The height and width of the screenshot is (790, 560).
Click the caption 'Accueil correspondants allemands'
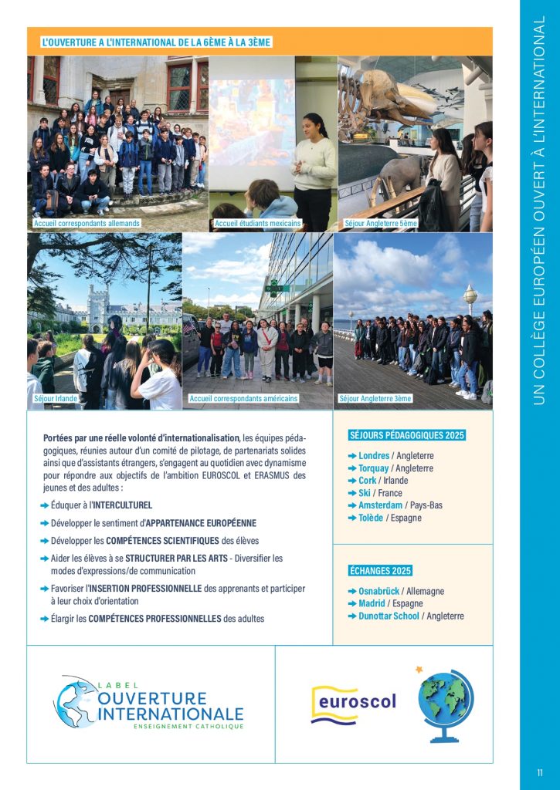87,224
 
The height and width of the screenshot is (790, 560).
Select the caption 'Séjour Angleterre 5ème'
381,224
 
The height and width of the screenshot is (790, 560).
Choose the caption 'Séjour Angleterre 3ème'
375,399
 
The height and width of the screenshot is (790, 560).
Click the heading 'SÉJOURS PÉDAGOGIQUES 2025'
407,436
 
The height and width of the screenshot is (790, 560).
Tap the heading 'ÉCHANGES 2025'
380,571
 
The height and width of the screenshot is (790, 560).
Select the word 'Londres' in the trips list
374,456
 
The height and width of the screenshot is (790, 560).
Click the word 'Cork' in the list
368,481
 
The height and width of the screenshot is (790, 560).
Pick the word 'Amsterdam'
380,505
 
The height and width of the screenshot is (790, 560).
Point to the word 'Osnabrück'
380,592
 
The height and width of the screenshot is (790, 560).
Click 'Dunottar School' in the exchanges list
389,616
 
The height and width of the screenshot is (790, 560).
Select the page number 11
540,772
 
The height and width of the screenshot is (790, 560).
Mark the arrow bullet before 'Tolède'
352,518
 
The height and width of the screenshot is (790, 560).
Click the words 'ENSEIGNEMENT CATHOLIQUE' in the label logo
188,727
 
